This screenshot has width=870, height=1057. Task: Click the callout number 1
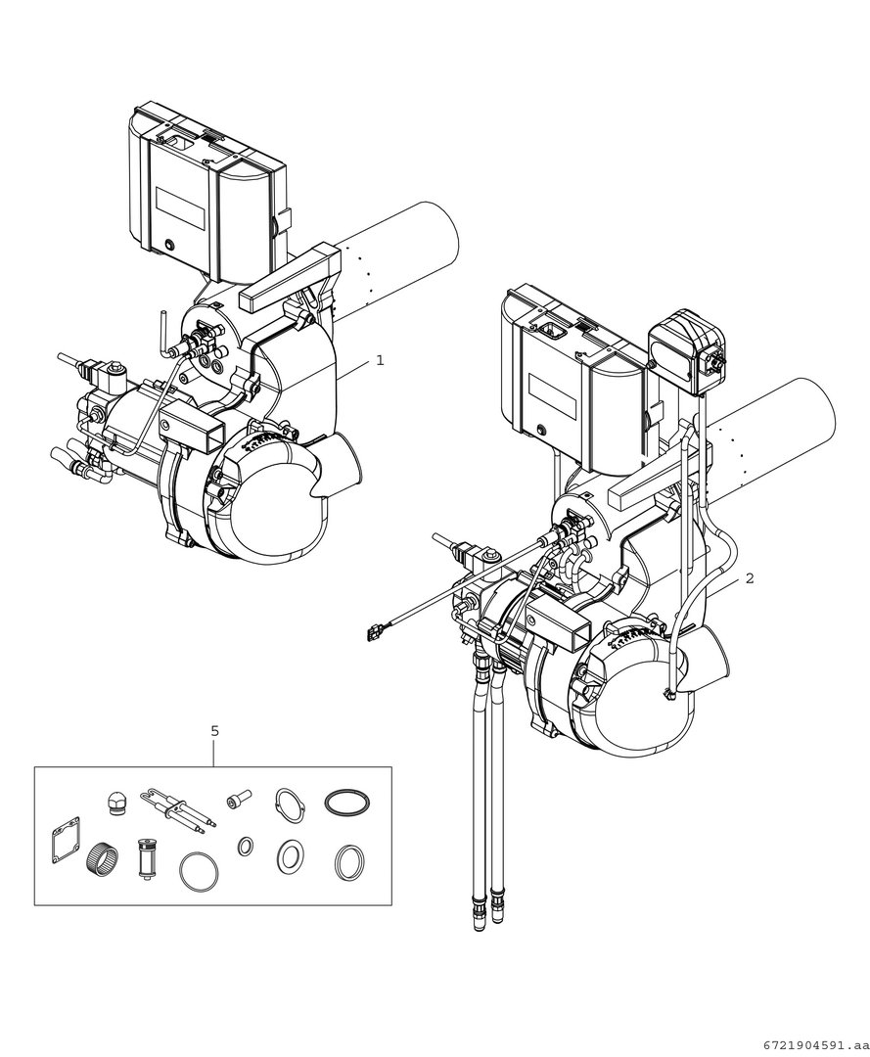point(380,360)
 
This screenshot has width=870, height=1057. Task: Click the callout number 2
point(750,578)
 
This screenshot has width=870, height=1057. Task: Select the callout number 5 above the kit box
point(215,730)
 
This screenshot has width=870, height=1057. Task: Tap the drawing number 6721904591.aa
point(813,1044)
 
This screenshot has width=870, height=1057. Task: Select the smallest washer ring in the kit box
point(246,846)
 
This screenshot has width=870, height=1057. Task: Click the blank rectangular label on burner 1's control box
point(181,207)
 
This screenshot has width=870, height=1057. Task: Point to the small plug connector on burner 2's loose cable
point(373,631)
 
